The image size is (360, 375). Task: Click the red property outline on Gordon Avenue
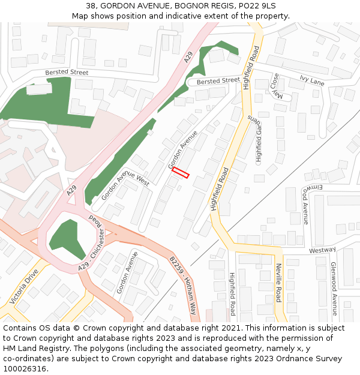[181, 173]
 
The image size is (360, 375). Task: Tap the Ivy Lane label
[311, 80]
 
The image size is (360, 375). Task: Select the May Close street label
[275, 86]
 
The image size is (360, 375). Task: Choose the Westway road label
[322, 250]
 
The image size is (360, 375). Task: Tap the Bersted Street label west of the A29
[67, 73]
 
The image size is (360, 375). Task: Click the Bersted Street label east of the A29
[218, 80]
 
